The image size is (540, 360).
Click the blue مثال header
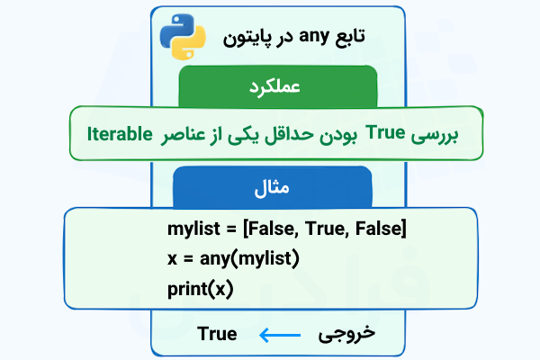(x=270, y=189)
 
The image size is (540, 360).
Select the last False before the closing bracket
(x=379, y=229)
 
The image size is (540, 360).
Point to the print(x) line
(x=199, y=289)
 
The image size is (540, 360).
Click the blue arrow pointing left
(x=278, y=335)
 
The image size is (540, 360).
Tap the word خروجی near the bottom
(x=347, y=334)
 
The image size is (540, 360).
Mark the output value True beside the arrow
(x=217, y=334)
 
